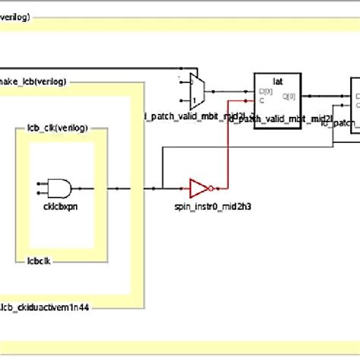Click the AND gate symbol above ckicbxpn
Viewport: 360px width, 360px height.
point(59,188)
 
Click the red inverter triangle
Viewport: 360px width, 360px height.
point(200,187)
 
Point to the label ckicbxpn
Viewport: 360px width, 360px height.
point(59,206)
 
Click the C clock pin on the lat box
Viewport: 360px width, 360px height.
point(261,99)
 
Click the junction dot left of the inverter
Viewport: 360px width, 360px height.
point(162,187)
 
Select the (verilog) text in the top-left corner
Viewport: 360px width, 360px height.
point(16,16)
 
